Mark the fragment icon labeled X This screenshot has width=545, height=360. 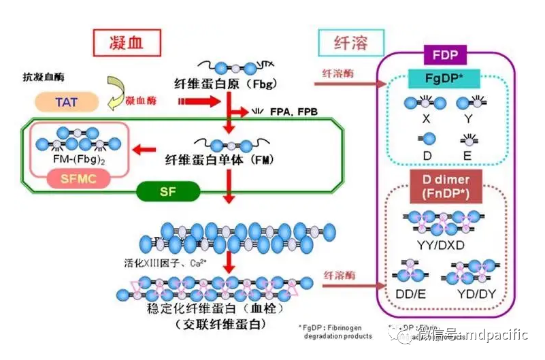point(425,103)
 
